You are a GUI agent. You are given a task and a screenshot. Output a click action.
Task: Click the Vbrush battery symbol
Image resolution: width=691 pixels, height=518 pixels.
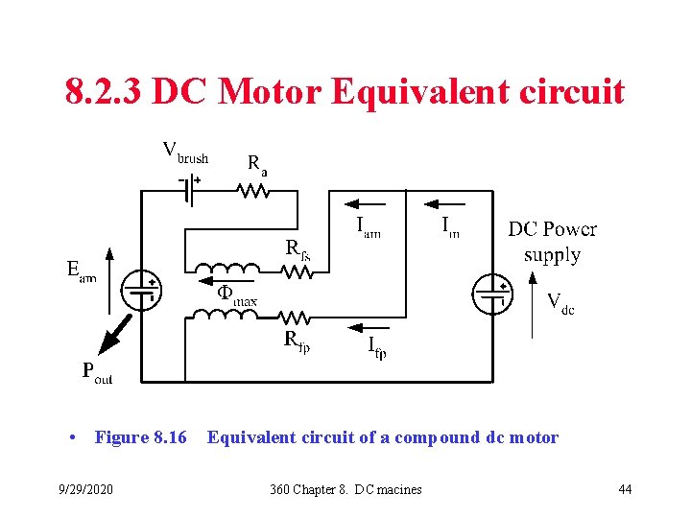[191, 190]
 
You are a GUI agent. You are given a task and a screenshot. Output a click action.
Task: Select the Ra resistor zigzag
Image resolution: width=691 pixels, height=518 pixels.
[252, 190]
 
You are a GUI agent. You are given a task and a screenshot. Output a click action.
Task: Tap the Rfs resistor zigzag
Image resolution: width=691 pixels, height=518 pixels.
[298, 272]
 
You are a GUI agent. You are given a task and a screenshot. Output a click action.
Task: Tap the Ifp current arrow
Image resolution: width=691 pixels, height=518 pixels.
[359, 327]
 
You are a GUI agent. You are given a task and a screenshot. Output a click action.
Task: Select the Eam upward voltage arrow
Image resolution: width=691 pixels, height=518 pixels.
[109, 279]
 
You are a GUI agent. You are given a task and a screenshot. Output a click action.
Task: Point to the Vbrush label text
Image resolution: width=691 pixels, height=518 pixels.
[184, 152]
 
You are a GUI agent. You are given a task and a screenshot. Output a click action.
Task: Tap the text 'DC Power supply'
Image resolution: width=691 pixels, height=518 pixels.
[552, 242]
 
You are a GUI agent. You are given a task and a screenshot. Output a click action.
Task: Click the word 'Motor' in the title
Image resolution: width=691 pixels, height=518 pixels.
[271, 93]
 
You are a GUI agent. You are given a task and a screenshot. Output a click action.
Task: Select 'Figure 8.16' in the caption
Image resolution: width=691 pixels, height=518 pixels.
[140, 438]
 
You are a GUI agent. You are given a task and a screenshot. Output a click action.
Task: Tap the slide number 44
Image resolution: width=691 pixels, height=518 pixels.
[625, 490]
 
